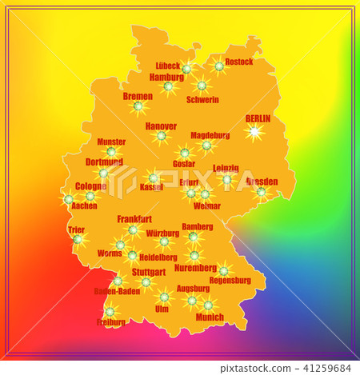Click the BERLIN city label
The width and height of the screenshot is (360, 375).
tap(258, 118)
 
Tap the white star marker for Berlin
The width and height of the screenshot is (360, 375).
tap(255, 131)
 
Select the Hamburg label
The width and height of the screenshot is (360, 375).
tap(166, 77)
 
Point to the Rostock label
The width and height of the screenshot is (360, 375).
tap(238, 62)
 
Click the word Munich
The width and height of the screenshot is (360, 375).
tap(210, 317)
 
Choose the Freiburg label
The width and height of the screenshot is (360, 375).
tap(111, 322)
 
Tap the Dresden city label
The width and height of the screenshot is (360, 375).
tap(262, 182)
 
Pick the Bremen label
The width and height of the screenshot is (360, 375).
tap(138, 96)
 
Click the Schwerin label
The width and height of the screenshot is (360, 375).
tap(202, 100)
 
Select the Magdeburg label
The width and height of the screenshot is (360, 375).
tap(210, 135)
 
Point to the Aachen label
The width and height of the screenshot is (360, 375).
tap(84, 205)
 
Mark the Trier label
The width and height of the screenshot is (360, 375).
tap(76, 229)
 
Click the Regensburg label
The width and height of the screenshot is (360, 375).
tap(230, 280)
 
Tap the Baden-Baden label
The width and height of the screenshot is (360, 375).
tap(117, 291)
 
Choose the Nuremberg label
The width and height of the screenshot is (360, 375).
tap(195, 268)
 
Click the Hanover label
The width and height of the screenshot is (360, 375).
tap(161, 126)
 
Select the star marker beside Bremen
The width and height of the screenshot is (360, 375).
tap(138, 106)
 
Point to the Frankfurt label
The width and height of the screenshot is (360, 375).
tap(134, 218)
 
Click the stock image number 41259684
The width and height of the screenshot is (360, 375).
tap(326, 369)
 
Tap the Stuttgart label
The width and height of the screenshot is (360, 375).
tap(143, 272)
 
